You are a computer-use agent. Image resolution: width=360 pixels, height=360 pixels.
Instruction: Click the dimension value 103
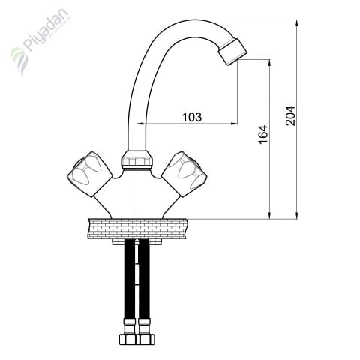(x=192, y=117)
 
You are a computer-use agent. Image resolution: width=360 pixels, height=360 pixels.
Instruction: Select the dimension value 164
(x=263, y=134)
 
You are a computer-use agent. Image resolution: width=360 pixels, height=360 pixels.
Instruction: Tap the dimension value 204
(x=290, y=115)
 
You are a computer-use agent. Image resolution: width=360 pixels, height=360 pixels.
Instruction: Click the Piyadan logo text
(x=47, y=29)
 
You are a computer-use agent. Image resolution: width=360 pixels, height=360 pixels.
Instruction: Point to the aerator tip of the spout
(x=232, y=52)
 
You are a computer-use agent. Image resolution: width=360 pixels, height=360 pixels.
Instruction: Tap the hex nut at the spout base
(x=136, y=159)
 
